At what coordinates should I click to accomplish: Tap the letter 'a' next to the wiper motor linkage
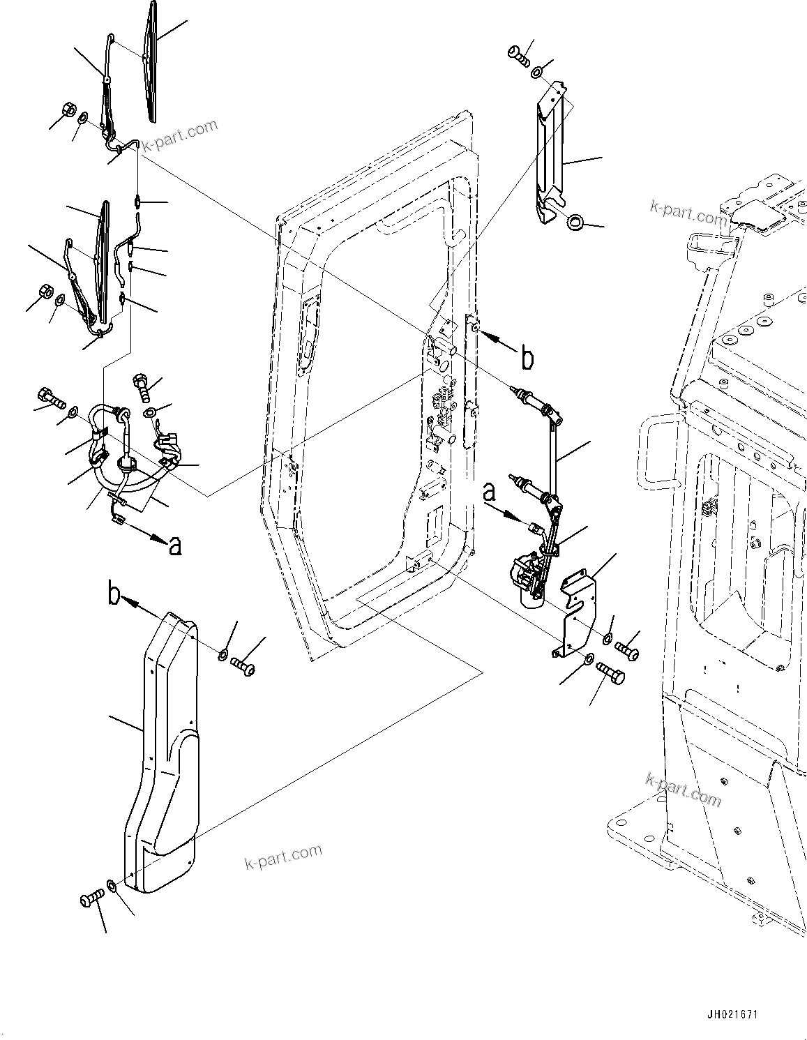point(490,494)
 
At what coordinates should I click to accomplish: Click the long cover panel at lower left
point(164,753)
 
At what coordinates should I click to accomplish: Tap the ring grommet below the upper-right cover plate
point(575,223)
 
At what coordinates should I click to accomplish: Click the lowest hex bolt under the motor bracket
point(611,675)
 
